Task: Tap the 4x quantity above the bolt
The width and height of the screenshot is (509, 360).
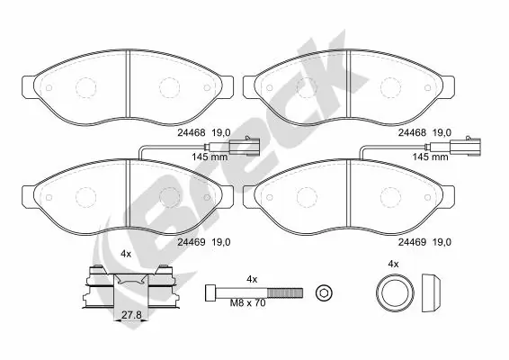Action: coord(253,278)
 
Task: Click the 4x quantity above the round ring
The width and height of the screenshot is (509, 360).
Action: coord(392,263)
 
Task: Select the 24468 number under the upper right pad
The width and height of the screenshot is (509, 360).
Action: coord(412,131)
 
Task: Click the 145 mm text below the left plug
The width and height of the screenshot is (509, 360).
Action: coord(210,157)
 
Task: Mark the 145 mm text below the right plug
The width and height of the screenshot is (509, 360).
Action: coord(428,157)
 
